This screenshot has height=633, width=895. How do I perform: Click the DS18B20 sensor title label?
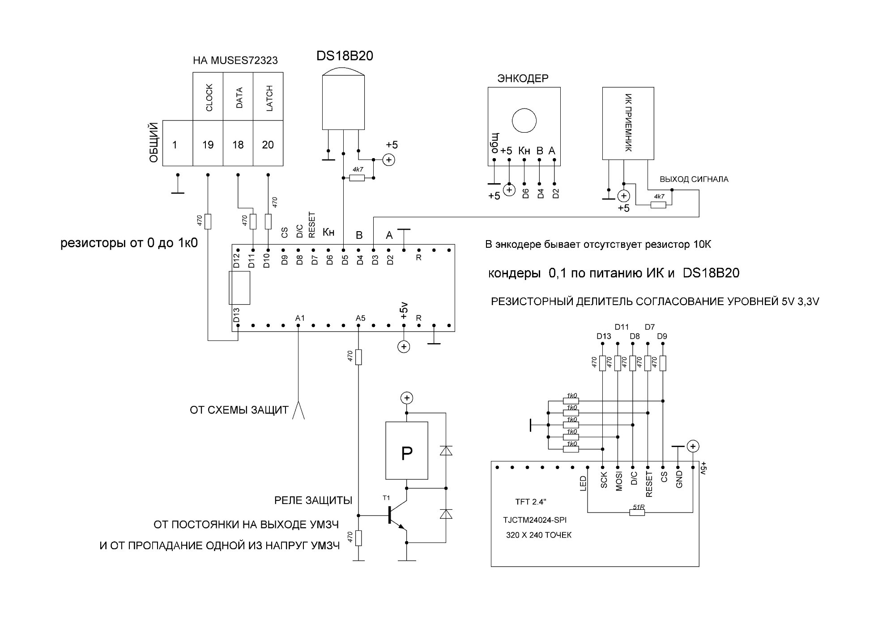click(345, 56)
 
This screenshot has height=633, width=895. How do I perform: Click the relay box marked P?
click(407, 451)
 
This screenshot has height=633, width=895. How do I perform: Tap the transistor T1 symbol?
click(397, 515)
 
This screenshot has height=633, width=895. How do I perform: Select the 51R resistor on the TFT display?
click(637, 512)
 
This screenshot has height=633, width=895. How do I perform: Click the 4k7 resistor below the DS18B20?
click(357, 178)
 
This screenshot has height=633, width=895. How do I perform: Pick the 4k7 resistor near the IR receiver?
click(658, 205)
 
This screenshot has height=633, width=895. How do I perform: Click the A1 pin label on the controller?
click(300, 318)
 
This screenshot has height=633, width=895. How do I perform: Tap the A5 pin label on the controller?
click(360, 318)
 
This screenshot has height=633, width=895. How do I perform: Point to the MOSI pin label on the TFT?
click(619, 482)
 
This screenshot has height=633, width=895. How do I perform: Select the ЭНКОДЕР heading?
click(523, 79)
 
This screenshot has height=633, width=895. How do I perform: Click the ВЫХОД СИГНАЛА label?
click(694, 179)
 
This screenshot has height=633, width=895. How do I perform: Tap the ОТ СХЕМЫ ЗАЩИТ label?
click(239, 410)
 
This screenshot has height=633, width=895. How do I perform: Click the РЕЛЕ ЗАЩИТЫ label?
click(313, 500)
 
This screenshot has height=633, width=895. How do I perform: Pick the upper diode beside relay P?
click(446, 451)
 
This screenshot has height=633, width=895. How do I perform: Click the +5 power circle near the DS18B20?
click(388, 159)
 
